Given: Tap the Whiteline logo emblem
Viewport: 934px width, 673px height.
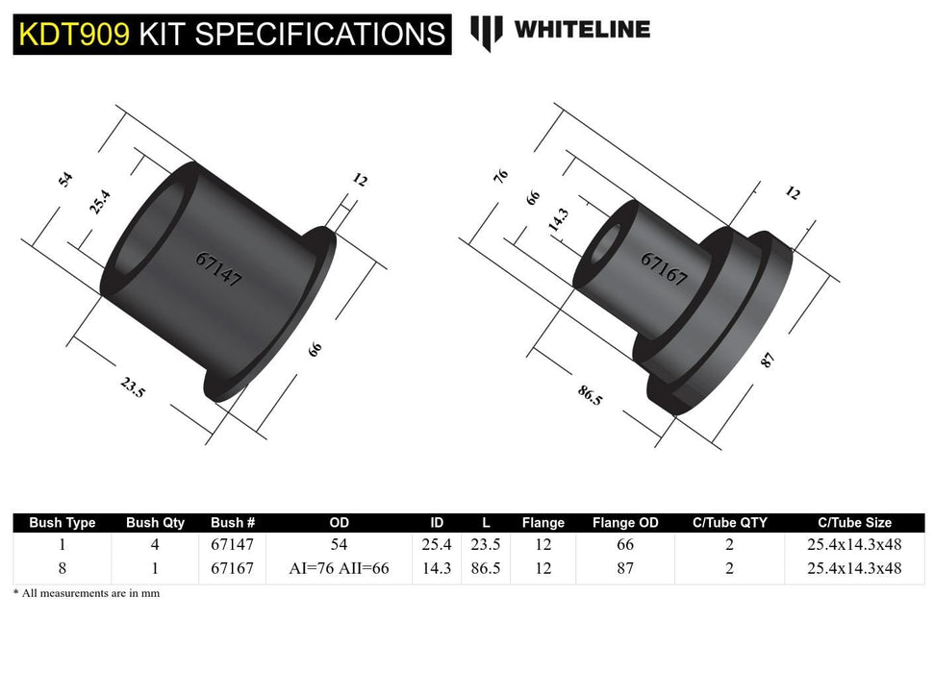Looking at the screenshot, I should click(487, 32).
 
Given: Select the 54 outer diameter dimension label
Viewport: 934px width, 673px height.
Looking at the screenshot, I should click(65, 179).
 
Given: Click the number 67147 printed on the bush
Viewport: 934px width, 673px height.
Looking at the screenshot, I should click(218, 270).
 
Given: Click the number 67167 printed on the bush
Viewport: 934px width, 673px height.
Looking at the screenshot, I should click(664, 270).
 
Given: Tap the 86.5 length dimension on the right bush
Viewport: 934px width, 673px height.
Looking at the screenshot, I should click(590, 394).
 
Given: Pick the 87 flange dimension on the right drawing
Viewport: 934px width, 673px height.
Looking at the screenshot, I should click(768, 361).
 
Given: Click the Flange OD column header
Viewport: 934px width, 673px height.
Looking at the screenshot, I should click(625, 523).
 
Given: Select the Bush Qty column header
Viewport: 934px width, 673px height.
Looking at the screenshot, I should click(155, 523).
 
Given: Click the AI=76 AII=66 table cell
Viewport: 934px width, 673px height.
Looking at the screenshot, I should click(339, 568).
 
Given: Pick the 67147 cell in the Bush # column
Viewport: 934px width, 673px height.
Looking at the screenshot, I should click(232, 545).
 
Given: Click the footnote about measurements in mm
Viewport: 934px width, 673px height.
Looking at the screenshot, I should click(87, 594).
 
